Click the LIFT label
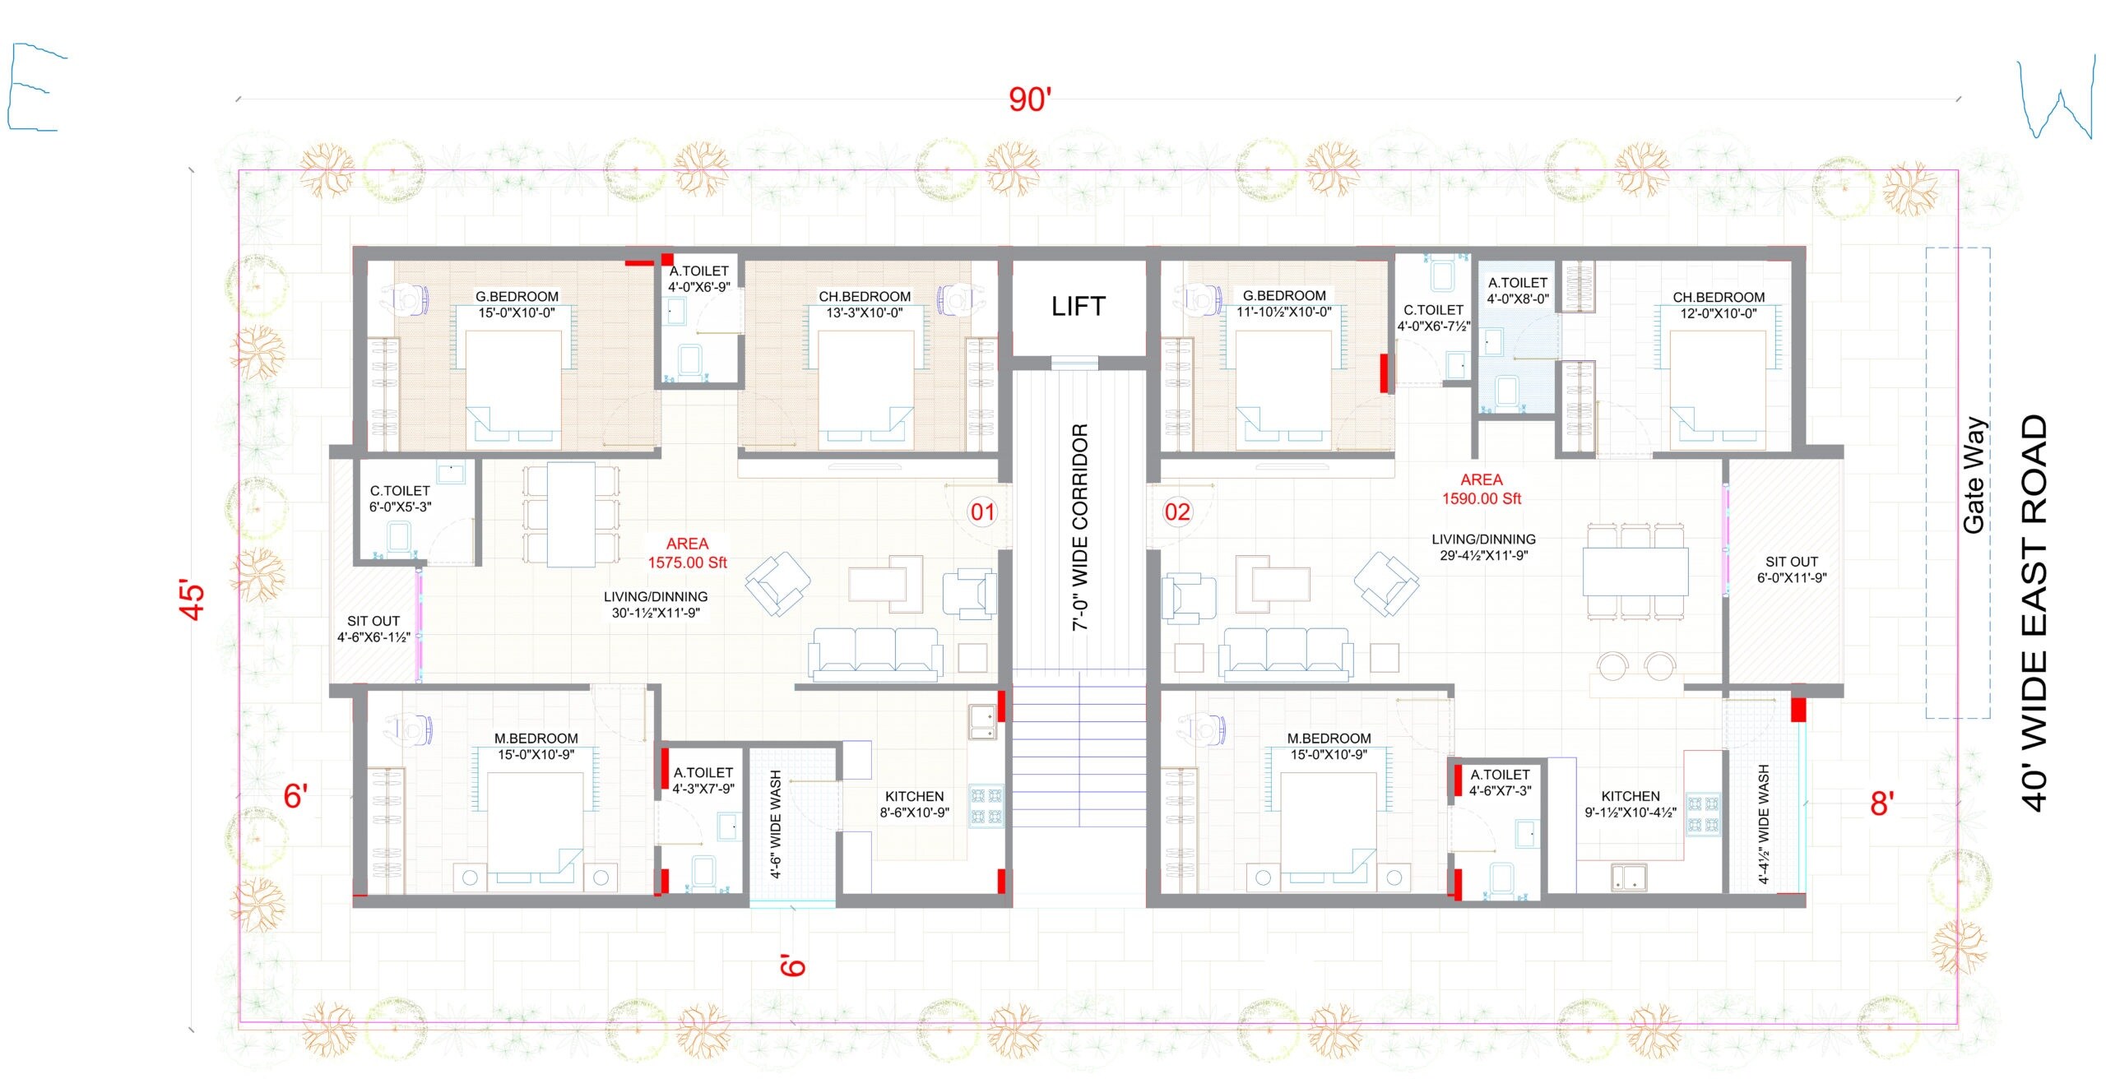[x=1078, y=307]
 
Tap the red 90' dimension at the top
[x=1029, y=100]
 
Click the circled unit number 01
[x=982, y=512]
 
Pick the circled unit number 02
[x=1176, y=512]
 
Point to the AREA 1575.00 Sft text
[x=687, y=553]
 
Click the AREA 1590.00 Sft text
[x=1481, y=489]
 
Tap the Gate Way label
[x=1974, y=475]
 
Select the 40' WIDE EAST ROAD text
[x=2034, y=613]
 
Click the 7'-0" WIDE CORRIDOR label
[x=1080, y=527]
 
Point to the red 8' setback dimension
[x=1882, y=803]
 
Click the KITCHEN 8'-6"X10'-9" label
[x=914, y=804]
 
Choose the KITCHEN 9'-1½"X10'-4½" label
[x=1630, y=804]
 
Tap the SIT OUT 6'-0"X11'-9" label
[x=1791, y=570]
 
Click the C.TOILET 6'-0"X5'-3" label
[x=400, y=498]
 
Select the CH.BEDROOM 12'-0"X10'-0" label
[x=1718, y=305]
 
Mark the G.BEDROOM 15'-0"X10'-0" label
[x=517, y=304]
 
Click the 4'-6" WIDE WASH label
[x=776, y=824]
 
